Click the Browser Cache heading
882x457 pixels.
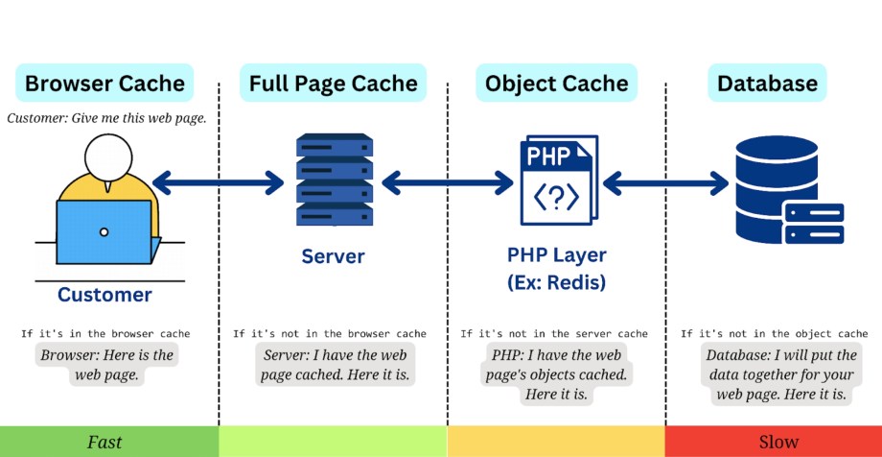coord(104,83)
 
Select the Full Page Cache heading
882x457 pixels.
coord(333,83)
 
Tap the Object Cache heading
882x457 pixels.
coord(556,83)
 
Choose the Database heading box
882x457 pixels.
coord(767,83)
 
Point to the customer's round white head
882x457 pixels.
coord(109,157)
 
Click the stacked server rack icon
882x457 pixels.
coord(335,180)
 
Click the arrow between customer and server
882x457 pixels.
coord(219,182)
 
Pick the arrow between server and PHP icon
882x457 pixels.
coord(447,182)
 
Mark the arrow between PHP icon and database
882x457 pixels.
coord(666,182)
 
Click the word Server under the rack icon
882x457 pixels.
coord(333,256)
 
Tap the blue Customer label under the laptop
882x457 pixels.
coord(104,295)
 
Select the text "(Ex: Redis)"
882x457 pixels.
coord(556,282)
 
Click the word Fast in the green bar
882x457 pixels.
coord(104,443)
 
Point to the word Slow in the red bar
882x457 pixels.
coord(778,443)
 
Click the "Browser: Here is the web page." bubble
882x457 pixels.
coord(106,365)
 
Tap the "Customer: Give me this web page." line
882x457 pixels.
coord(106,119)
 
